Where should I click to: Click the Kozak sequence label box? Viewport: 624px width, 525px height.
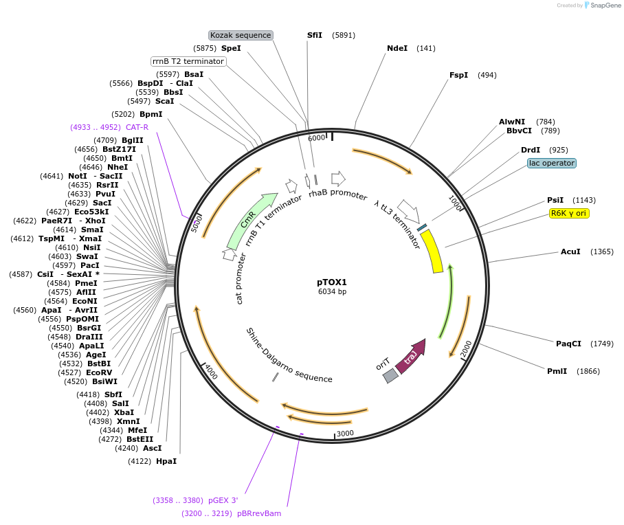241,35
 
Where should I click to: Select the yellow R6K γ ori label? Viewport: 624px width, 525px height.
569,213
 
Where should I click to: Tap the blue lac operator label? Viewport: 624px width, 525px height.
552,164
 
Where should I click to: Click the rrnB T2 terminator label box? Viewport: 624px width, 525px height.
188,61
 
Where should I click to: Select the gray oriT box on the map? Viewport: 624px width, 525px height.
390,375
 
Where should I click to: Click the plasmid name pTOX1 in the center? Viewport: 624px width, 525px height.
332,282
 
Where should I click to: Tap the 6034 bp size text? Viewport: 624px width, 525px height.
332,292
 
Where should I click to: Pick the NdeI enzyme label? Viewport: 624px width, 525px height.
397,48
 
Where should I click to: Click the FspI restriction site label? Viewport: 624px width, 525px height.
458,75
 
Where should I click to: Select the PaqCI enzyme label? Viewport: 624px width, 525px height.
568,343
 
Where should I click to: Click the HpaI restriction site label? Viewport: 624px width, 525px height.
166,461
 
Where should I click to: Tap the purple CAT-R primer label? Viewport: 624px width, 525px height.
137,127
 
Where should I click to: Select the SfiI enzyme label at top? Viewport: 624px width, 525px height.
315,34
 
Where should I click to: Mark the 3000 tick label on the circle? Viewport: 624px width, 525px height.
345,433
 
